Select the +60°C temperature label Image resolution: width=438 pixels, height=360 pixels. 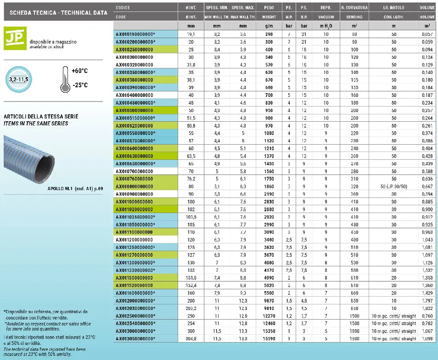[80, 71]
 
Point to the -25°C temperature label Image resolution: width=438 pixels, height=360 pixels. [80, 85]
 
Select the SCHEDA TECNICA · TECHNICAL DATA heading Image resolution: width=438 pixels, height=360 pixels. [56, 13]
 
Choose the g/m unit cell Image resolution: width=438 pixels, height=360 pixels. [269, 26]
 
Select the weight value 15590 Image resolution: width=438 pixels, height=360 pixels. [269, 339]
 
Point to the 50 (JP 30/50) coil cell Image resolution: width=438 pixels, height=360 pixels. [393, 187]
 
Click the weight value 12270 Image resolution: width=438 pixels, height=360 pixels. [269, 316]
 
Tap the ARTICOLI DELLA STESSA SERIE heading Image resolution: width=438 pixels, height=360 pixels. [41, 117]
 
